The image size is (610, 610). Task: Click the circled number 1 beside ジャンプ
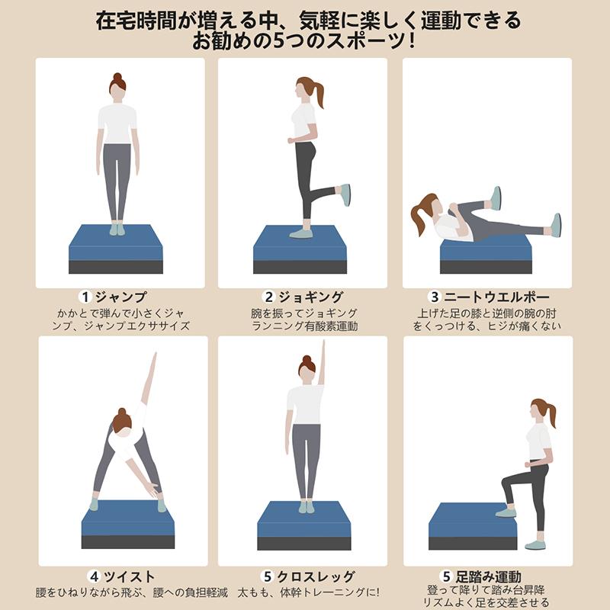click(85, 297)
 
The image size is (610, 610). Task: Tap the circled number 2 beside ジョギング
click(268, 297)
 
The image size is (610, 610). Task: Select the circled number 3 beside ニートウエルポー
click(434, 297)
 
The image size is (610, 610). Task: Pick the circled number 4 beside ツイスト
click(93, 576)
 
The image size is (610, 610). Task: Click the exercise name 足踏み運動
click(495, 576)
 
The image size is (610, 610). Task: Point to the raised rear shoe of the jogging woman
click(345, 194)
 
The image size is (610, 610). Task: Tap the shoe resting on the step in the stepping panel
click(506, 512)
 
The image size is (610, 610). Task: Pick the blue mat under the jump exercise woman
click(116, 242)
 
